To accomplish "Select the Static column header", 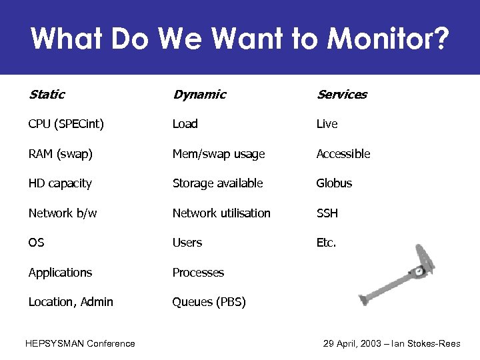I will (x=47, y=95).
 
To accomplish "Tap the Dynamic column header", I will (x=199, y=95).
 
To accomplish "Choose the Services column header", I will (x=341, y=95).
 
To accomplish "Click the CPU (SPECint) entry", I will (x=66, y=124).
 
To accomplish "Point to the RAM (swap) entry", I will (x=61, y=154).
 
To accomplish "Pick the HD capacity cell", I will (x=60, y=183).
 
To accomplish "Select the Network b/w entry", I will (x=63, y=213).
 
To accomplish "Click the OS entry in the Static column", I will (x=36, y=243).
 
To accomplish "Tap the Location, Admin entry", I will (x=71, y=302).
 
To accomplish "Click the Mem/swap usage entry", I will (x=219, y=154).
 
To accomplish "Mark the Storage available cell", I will (x=217, y=183).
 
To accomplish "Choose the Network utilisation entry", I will (x=221, y=213).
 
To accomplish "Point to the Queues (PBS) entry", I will (x=209, y=302).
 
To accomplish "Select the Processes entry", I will (x=198, y=273).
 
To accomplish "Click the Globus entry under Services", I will (x=334, y=183).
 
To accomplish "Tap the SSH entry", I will (x=327, y=213).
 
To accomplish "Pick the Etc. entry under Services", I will (x=327, y=243).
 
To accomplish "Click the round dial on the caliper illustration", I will (x=418, y=271).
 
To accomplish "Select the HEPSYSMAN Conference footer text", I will (x=80, y=343).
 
